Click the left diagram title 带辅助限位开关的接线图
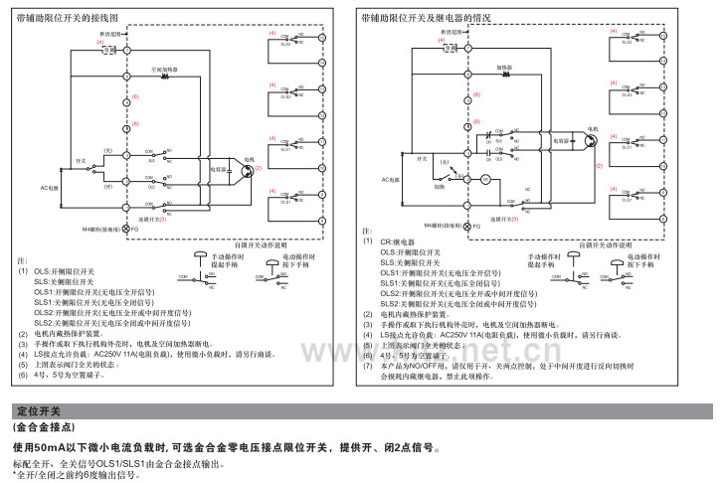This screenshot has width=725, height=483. tap(67, 18)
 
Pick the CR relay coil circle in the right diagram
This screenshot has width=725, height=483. tap(487, 180)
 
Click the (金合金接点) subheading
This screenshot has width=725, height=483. tap(45, 426)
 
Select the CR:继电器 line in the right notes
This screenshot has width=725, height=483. tap(397, 241)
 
